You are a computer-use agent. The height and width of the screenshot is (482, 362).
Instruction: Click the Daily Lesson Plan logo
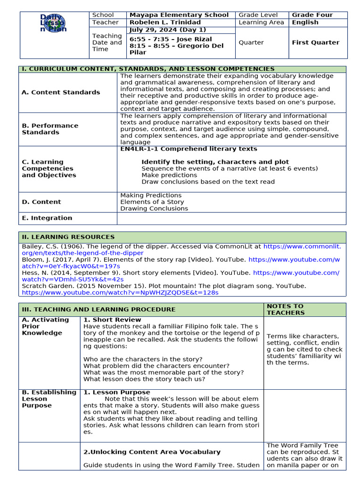click(x=54, y=23)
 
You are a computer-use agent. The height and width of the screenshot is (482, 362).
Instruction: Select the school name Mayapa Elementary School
click(x=179, y=15)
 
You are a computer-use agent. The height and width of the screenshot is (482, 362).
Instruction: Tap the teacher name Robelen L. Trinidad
click(x=165, y=22)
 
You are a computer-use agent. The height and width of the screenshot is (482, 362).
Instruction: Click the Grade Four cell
click(x=312, y=15)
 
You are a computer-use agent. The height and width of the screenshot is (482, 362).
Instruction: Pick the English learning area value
click(x=305, y=22)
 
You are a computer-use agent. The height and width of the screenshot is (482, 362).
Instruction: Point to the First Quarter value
click(x=315, y=42)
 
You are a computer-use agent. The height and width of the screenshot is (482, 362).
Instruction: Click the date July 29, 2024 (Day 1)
click(x=168, y=30)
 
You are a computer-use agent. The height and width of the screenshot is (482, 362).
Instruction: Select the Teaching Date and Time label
click(x=107, y=42)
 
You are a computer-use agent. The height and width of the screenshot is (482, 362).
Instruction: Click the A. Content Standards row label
click(x=61, y=92)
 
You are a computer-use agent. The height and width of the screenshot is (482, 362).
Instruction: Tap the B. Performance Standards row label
click(x=50, y=129)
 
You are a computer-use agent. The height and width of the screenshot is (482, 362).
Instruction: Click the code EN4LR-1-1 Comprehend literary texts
click(x=189, y=149)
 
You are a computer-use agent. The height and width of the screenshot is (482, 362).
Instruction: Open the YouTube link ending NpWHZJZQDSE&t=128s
click(x=120, y=292)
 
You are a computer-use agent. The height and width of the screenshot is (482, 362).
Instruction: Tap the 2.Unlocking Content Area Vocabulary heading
click(x=152, y=452)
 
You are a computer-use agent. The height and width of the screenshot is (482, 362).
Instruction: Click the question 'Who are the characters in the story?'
click(x=143, y=359)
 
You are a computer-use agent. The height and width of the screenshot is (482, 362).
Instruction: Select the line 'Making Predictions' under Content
click(x=151, y=195)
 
